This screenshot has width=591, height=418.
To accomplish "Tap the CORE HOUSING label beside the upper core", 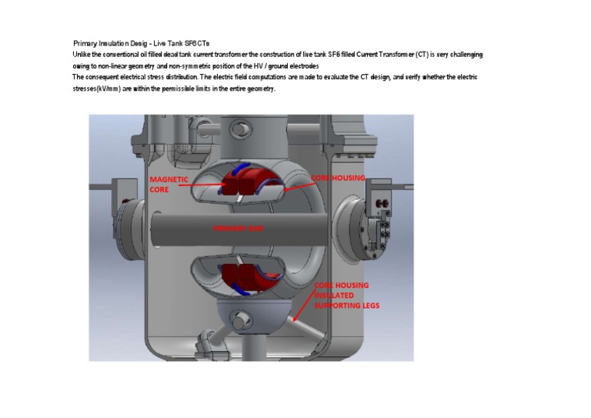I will tap(337, 178).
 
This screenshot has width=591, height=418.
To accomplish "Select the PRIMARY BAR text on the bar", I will tap(239, 229).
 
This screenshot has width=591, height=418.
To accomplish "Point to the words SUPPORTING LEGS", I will tap(346, 306).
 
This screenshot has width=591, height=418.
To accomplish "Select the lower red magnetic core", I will tap(242, 276).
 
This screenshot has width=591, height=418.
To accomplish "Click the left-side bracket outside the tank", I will tap(124, 199).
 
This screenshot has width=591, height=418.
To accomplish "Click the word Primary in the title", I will tap(85, 43).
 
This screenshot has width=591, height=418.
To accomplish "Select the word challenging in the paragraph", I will tap(466, 55).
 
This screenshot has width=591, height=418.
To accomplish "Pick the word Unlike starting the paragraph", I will tap(82, 55).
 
